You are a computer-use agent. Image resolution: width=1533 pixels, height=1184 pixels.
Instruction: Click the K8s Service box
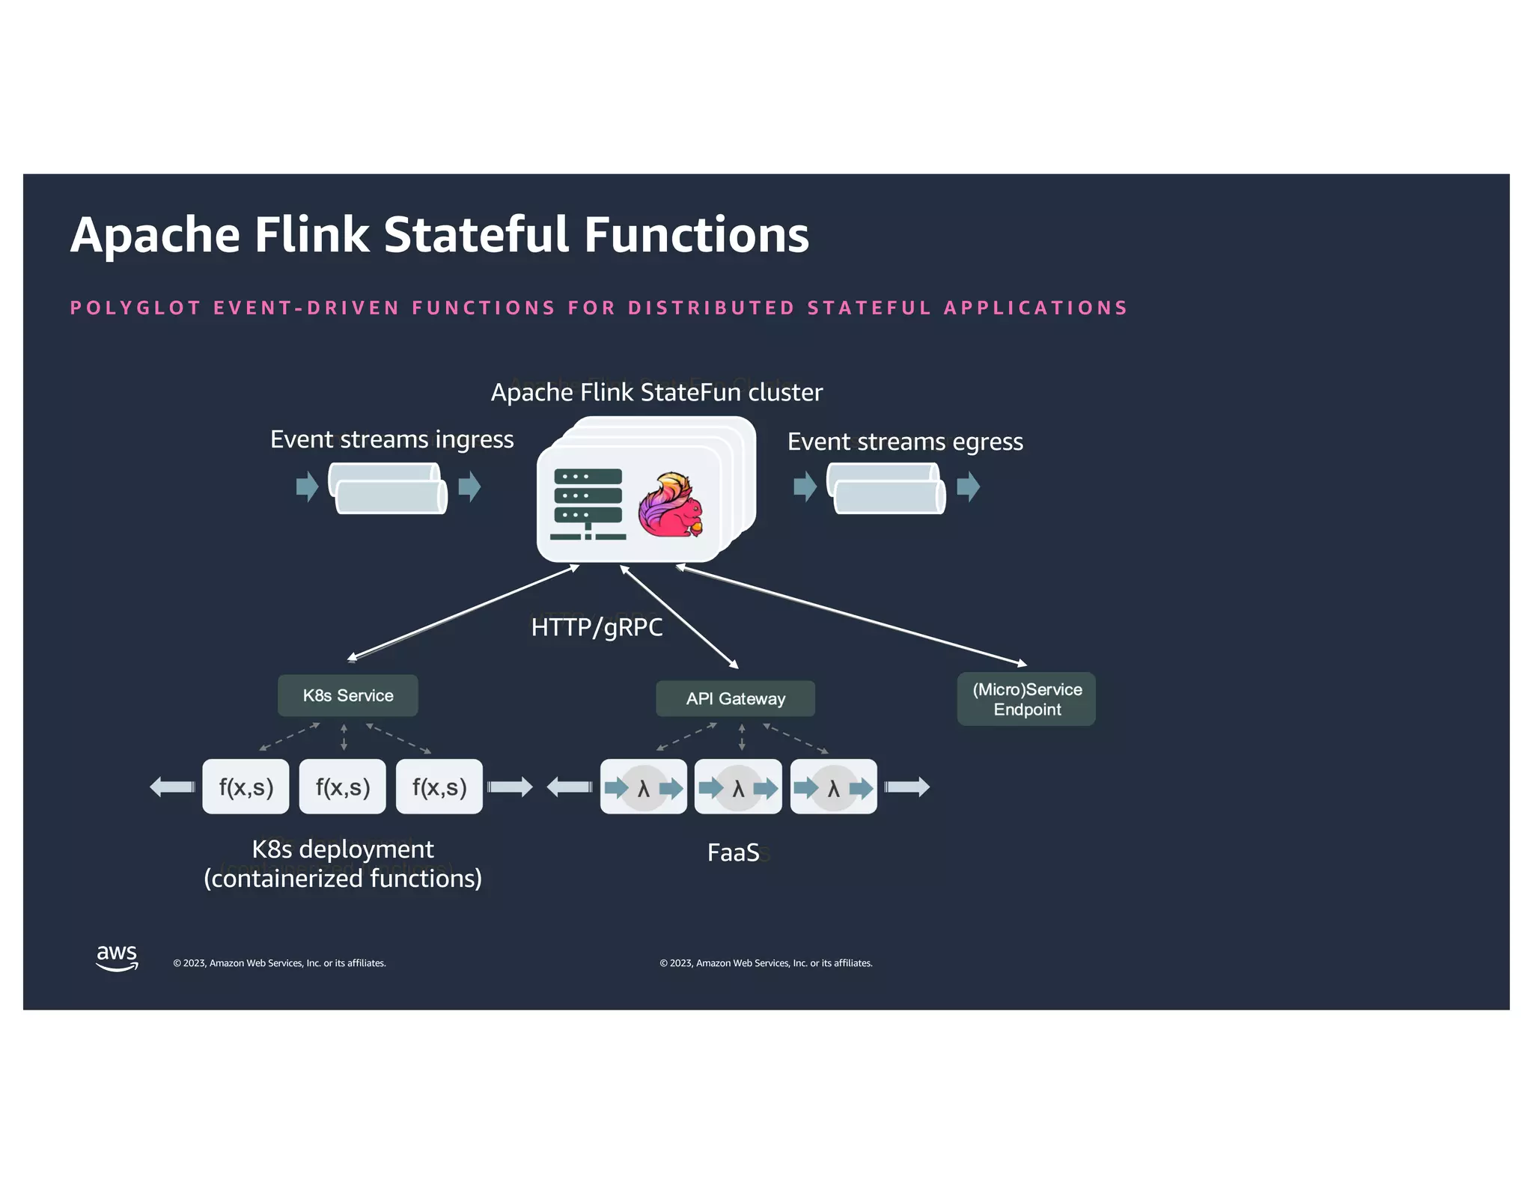point(347,695)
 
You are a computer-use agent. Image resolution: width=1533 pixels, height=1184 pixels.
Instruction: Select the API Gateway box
point(735,698)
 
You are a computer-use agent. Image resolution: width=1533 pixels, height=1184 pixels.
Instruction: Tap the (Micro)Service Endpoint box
point(1026,699)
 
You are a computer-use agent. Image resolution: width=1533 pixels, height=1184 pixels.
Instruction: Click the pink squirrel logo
point(671,505)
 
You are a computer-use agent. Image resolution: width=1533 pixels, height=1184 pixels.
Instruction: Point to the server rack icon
point(588,504)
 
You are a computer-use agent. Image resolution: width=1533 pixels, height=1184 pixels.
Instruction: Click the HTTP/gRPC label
point(597,627)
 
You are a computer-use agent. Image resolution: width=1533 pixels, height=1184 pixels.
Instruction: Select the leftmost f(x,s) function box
point(246,787)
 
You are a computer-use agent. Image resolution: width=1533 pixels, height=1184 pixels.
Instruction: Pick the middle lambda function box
point(738,787)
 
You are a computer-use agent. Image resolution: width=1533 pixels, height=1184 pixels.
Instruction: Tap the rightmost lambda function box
point(833,787)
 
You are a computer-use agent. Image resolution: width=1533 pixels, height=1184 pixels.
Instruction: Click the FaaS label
point(733,852)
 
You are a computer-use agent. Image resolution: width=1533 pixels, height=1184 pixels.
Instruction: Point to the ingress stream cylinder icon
point(388,488)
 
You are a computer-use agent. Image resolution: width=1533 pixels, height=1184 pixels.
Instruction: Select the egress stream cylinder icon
point(886,488)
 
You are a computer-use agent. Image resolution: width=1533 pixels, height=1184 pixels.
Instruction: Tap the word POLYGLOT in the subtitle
point(135,308)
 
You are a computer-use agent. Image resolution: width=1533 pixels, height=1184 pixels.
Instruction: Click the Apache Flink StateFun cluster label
point(656,392)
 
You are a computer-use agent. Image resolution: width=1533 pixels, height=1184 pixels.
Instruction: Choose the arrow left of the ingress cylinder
point(307,486)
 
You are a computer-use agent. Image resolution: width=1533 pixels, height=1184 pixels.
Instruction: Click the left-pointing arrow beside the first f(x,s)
point(172,787)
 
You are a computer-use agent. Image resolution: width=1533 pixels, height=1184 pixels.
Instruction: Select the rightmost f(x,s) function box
point(439,787)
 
